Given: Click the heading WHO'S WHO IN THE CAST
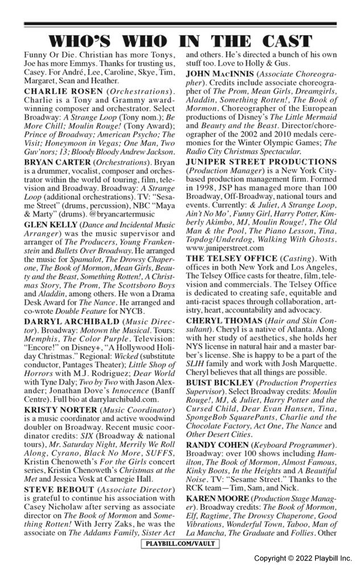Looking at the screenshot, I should (x=180, y=41).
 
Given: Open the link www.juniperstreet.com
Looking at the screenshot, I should (x=225, y=248).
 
